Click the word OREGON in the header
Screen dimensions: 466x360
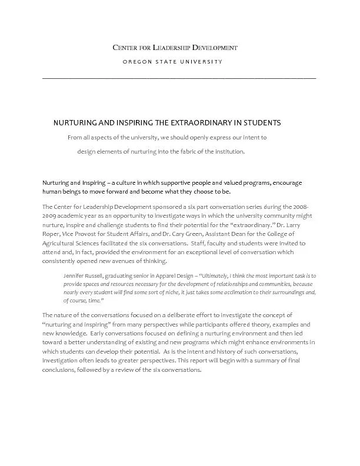[138, 62]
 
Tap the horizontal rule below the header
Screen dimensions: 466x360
[179, 78]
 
